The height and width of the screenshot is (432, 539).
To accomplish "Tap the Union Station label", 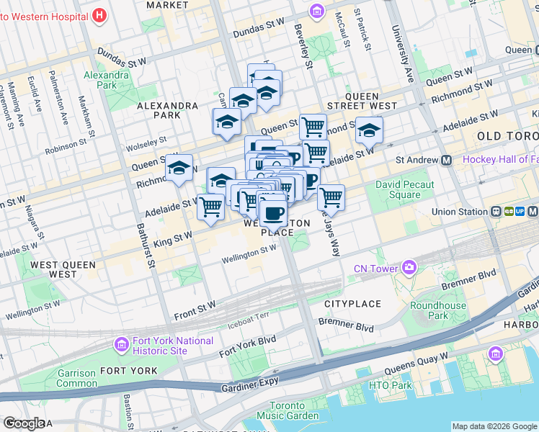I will [x=460, y=212].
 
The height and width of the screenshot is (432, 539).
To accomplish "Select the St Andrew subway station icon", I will [x=447, y=161].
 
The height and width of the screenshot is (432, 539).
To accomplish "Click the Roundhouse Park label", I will [x=438, y=310].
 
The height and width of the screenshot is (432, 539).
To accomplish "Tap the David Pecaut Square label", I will [x=404, y=189].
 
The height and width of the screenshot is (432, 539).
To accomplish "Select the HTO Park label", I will [x=390, y=386].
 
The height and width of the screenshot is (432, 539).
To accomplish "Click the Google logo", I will [x=24, y=423].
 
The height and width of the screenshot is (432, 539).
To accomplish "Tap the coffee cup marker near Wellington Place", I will [x=273, y=213].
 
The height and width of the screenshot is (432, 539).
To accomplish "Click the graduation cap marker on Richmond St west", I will [x=179, y=169].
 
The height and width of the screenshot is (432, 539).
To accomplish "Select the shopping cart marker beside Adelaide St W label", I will [x=210, y=207].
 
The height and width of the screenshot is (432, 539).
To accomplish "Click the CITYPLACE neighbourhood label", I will [x=352, y=304].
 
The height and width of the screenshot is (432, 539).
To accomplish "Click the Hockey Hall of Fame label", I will [x=500, y=159].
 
